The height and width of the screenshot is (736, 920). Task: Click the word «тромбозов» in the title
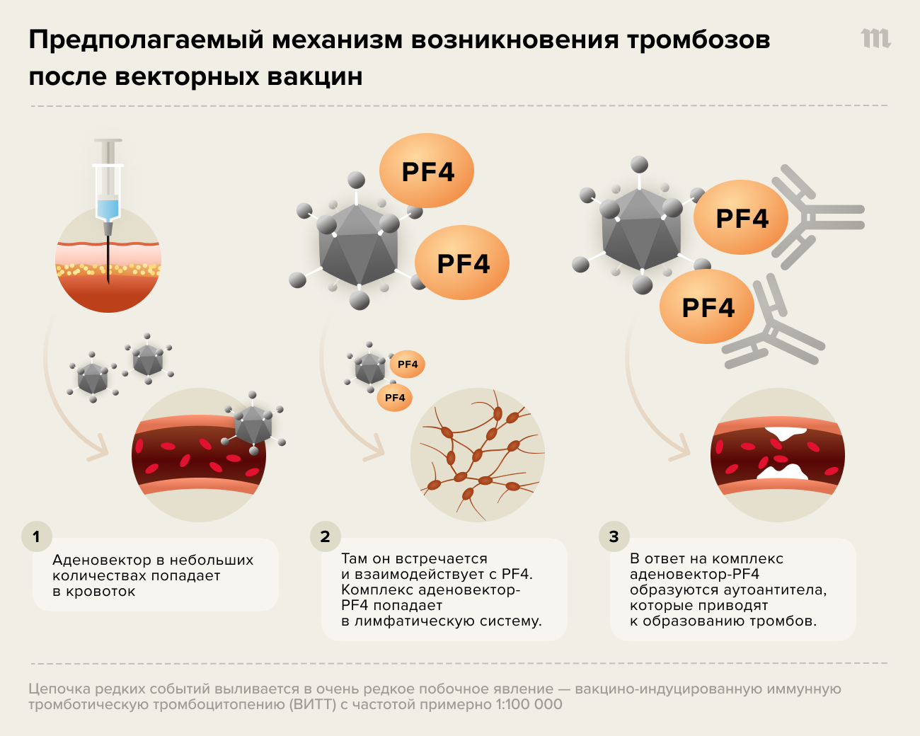698,40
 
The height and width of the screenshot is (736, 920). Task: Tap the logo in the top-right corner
875,39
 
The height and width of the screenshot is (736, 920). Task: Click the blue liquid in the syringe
108,209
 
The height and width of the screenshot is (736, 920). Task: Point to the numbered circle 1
36,536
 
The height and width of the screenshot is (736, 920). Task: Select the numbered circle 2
325,536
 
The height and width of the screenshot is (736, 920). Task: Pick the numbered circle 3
614,536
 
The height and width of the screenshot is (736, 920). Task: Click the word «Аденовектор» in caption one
102,560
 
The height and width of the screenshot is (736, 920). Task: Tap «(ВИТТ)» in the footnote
313,705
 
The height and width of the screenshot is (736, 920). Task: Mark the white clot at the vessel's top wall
786,431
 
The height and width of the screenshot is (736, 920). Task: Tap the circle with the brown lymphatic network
478,454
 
